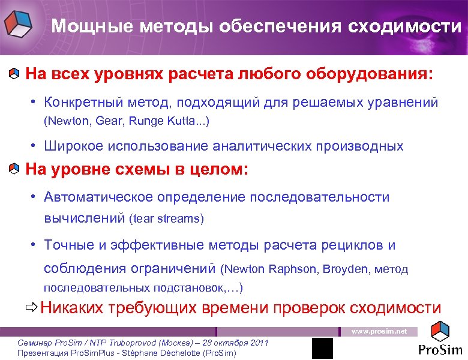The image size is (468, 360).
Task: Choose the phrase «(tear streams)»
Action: coord(167,219)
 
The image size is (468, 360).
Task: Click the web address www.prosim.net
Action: coord(379,331)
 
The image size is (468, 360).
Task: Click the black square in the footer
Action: coord(322,348)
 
